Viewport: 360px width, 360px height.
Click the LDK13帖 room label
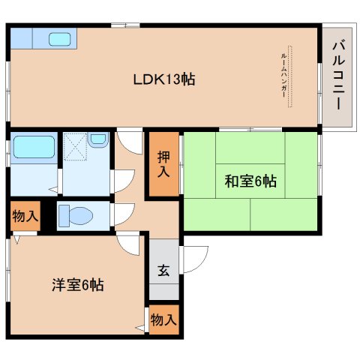[164, 79]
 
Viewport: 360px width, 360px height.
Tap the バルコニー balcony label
[338, 76]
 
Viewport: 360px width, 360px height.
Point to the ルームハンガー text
[283, 76]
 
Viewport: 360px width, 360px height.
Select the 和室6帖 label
[250, 181]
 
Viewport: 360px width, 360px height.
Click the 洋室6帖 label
[78, 284]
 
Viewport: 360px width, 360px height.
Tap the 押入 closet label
[163, 164]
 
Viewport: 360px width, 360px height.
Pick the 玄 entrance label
[163, 270]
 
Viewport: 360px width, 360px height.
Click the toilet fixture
[76, 215]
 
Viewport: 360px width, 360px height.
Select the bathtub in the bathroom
[34, 147]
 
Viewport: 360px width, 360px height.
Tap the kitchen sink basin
[59, 40]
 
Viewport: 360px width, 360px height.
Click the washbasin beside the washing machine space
[98, 139]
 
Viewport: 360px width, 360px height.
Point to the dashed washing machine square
[75, 146]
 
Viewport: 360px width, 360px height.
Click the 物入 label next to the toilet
[25, 216]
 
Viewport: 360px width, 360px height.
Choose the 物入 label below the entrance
[163, 319]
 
